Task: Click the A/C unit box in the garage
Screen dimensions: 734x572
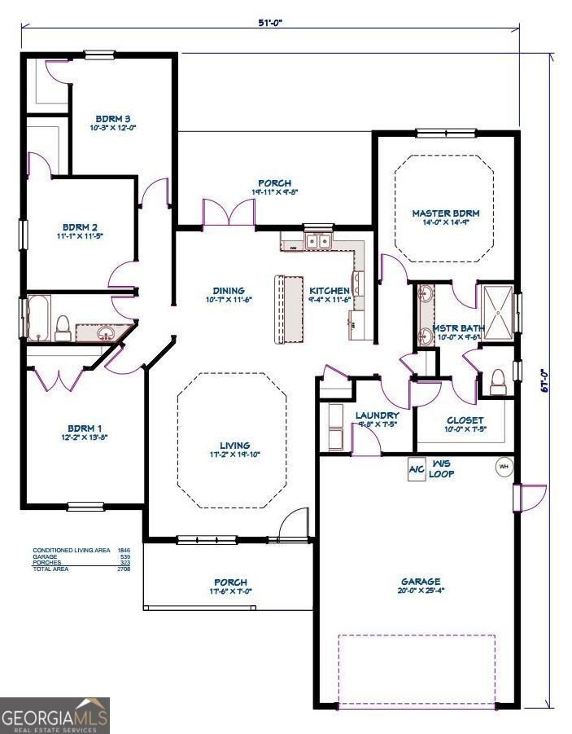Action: [x=417, y=470]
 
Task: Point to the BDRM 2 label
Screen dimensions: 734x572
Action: [x=80, y=227]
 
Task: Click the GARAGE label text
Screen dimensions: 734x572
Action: [x=420, y=582]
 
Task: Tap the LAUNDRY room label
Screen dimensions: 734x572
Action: [x=377, y=415]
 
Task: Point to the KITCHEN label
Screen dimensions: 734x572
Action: [x=330, y=291]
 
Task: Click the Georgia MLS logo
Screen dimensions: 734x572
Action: [x=55, y=716]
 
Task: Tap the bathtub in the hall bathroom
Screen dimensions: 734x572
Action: [x=37, y=317]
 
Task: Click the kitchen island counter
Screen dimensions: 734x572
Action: [x=287, y=309]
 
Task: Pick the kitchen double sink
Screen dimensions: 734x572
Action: [x=317, y=241]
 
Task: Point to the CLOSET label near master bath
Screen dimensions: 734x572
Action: [x=465, y=421]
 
